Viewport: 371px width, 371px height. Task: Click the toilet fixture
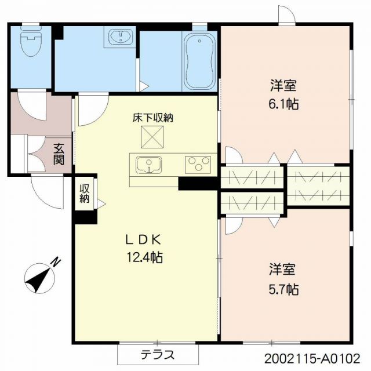tap(31, 41)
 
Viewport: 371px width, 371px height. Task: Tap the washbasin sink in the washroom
tap(121, 37)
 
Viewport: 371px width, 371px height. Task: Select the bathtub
tap(199, 61)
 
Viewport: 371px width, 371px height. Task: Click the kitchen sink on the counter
tap(149, 165)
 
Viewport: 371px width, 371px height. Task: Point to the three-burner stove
tap(198, 164)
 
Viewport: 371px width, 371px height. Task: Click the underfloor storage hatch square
tap(152, 137)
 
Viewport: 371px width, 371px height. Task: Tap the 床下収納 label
tap(152, 118)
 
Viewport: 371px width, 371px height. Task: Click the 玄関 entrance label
tap(59, 154)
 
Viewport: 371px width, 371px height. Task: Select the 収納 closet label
tap(84, 193)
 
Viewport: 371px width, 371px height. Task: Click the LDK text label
tap(143, 241)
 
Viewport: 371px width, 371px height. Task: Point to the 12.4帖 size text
tap(145, 257)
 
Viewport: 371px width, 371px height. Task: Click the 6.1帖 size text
tap(283, 104)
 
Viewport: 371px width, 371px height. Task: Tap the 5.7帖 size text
tap(283, 289)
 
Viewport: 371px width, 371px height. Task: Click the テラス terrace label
tap(158, 355)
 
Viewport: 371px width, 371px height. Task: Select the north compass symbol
tap(40, 278)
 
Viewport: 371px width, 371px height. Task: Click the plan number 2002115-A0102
tap(312, 359)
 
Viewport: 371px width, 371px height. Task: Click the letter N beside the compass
tap(56, 262)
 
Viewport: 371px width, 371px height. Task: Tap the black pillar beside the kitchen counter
tap(198, 184)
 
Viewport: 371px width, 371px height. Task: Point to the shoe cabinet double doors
tap(36, 154)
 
